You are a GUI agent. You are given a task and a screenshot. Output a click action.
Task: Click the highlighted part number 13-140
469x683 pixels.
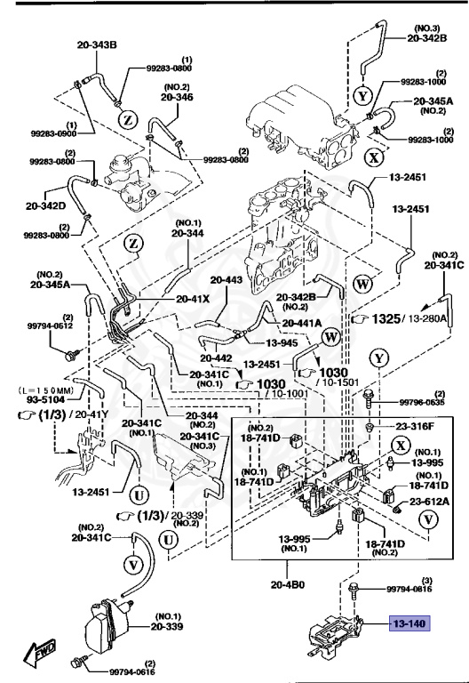coord(408,624)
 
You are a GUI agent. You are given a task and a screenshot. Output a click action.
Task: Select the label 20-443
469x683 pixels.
coord(227,280)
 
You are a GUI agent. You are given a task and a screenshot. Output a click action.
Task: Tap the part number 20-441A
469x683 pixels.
coord(301,323)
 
